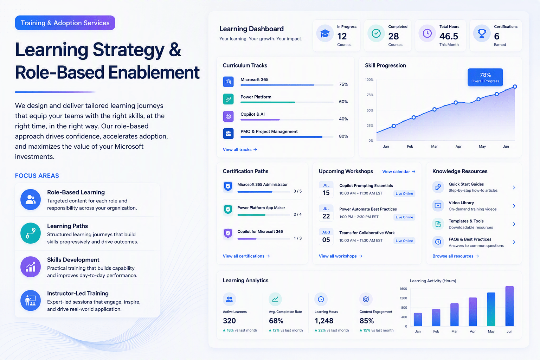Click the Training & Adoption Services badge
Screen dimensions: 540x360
[65, 23]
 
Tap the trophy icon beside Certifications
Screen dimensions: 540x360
[482, 33]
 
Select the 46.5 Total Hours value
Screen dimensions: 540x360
[449, 36]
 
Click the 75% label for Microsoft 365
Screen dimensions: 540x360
[343, 84]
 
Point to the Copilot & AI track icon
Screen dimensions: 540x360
[228, 116]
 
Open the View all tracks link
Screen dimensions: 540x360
[240, 149]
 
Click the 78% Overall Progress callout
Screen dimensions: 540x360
[485, 77]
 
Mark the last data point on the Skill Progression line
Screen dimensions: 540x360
[515, 86]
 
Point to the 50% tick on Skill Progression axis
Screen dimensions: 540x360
[370, 110]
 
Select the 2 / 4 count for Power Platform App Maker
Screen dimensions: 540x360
[297, 214]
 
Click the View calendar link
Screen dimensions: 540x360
[399, 172]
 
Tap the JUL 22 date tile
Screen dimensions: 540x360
[326, 213]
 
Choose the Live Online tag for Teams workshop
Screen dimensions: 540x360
[404, 240]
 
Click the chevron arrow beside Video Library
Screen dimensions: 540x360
[514, 206]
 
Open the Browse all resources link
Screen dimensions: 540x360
[455, 256]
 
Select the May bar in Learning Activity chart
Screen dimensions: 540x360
[491, 309]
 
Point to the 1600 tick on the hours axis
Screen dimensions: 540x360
[403, 289]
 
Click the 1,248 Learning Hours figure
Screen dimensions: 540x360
[324, 321]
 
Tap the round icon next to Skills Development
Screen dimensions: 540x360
[31, 267]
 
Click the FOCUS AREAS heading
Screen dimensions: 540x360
[37, 175]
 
